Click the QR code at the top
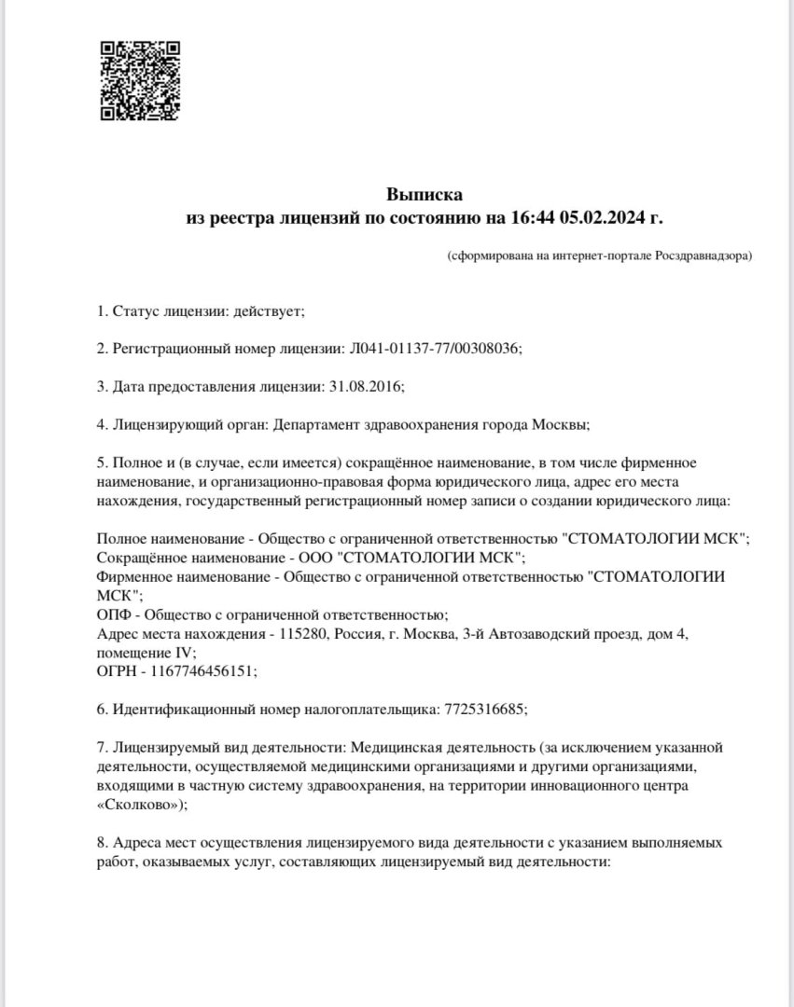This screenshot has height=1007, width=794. tap(140, 81)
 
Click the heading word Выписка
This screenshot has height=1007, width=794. tap(425, 195)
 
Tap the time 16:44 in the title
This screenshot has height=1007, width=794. tap(533, 217)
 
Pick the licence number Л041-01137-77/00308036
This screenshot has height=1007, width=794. tap(434, 348)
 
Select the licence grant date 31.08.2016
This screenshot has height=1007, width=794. tap(363, 386)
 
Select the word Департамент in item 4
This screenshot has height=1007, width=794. tap(315, 424)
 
